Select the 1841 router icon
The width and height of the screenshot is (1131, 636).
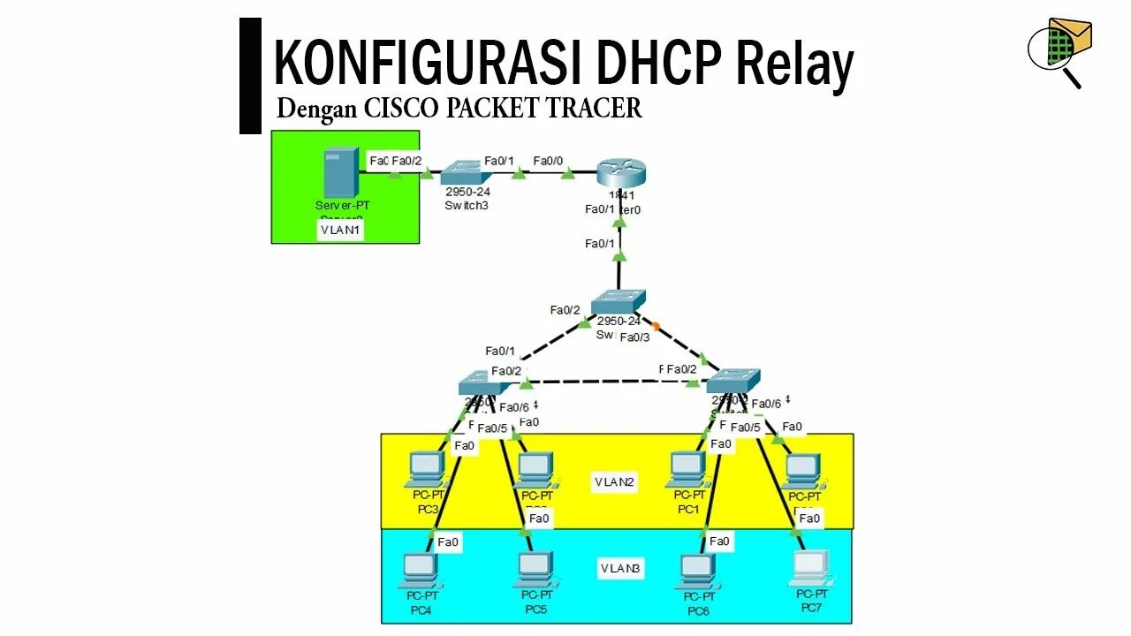[616, 171]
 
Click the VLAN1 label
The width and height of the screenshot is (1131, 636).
[342, 231]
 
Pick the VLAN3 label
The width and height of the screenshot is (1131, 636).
[619, 569]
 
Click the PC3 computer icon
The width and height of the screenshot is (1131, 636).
[427, 469]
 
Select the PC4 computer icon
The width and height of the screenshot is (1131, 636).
[420, 571]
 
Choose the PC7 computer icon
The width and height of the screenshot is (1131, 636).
[811, 568]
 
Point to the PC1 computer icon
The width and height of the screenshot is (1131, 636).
[687, 469]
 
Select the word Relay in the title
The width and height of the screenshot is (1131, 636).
[794, 64]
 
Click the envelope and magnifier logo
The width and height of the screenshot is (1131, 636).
[1059, 49]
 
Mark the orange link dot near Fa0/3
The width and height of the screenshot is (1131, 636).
[656, 326]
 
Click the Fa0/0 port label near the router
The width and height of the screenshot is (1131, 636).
[548, 161]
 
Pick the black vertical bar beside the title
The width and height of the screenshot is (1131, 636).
[250, 76]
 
